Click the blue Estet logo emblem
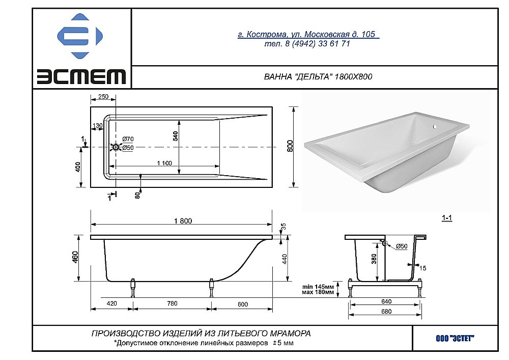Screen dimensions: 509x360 tap(80, 36)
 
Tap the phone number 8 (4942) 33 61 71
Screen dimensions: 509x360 tap(318, 43)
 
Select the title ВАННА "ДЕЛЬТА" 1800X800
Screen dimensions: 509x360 tap(318, 77)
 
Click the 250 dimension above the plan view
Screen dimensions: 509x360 tap(103, 96)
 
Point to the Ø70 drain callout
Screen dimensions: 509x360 tap(128, 139)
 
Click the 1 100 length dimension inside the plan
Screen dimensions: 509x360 tap(164, 163)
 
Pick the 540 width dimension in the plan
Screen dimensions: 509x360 tap(175, 135)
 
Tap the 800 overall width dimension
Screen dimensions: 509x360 tap(290, 146)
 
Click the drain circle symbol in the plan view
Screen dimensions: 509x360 tap(116, 147)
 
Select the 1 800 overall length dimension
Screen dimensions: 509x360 tap(183, 221)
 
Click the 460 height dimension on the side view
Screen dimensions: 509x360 tap(75, 257)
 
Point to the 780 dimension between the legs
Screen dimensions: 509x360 tap(172, 303)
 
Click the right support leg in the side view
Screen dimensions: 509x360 tap(212, 288)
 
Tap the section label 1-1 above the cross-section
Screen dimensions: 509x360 tap(447, 218)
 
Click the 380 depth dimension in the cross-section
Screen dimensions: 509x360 tap(374, 259)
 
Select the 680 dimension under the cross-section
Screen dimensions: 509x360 tap(386, 311)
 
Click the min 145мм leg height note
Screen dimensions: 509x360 tap(318, 287)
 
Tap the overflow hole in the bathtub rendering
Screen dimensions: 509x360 tap(435, 127)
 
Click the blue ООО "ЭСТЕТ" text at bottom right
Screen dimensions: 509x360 tap(455, 339)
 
